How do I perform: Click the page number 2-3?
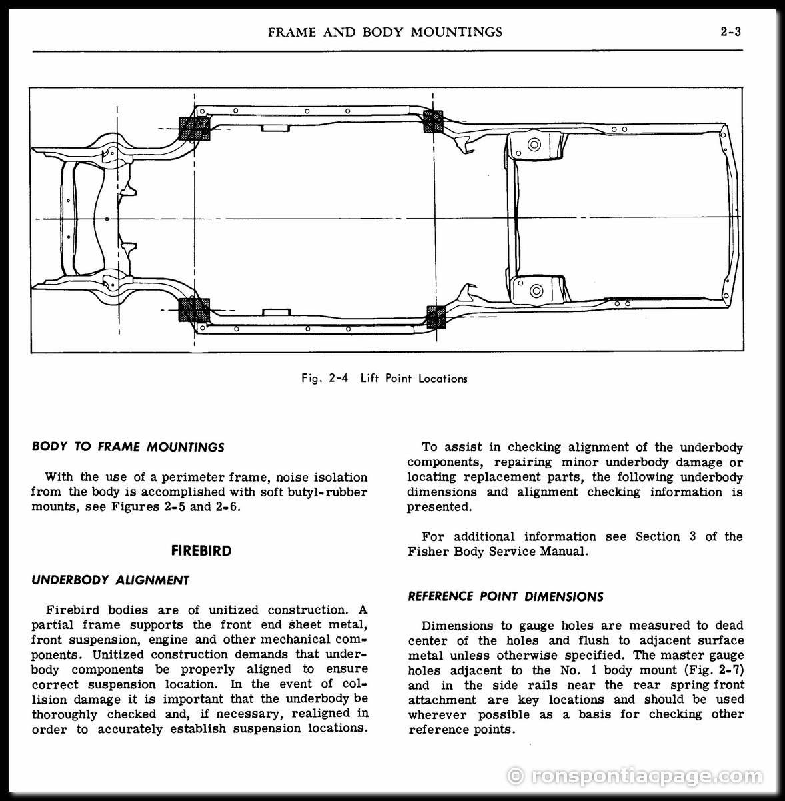pos(730,32)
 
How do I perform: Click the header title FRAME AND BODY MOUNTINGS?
pos(385,32)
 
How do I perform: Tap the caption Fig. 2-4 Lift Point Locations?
pos(385,379)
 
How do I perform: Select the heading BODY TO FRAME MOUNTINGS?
pos(128,447)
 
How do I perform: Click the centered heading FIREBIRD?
pos(201,551)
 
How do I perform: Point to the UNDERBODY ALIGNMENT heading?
pos(111,580)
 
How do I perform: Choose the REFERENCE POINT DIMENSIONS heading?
pos(506,597)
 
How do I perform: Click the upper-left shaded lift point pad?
pos(194,129)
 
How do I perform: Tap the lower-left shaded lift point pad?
pos(194,310)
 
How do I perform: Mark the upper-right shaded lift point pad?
pos(433,122)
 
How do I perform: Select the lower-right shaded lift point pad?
pos(436,317)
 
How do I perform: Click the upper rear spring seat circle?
pos(534,145)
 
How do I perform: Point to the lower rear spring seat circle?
pos(536,291)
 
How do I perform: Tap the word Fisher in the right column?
pos(428,552)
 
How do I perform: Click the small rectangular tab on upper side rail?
pos(276,128)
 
